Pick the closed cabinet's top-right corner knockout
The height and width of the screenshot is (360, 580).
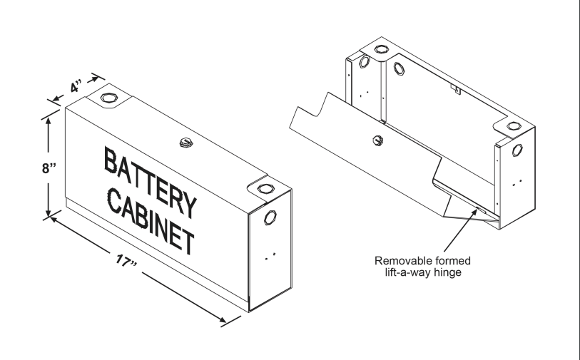[x=265, y=189]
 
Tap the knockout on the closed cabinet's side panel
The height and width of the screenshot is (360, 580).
[x=271, y=217]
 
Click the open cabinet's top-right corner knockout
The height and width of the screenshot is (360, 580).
[x=513, y=126]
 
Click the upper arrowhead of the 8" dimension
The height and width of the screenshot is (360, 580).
[x=48, y=119]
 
